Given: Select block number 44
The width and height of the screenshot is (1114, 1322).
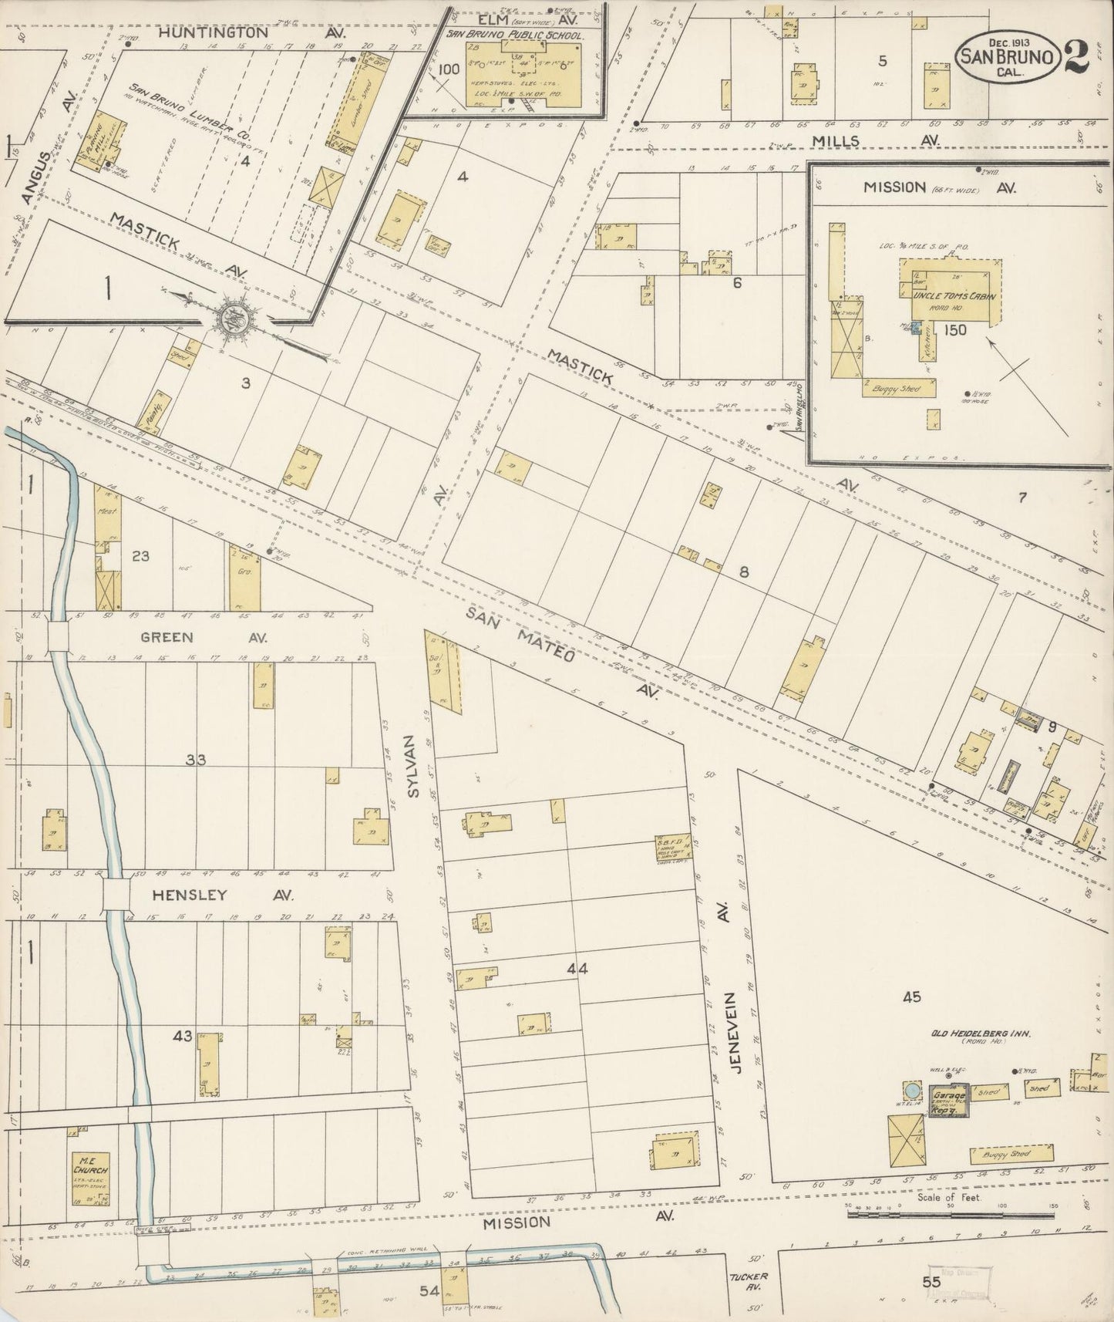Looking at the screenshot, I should (x=577, y=969).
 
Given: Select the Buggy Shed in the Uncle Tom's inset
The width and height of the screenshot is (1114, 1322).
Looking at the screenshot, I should (x=899, y=390).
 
